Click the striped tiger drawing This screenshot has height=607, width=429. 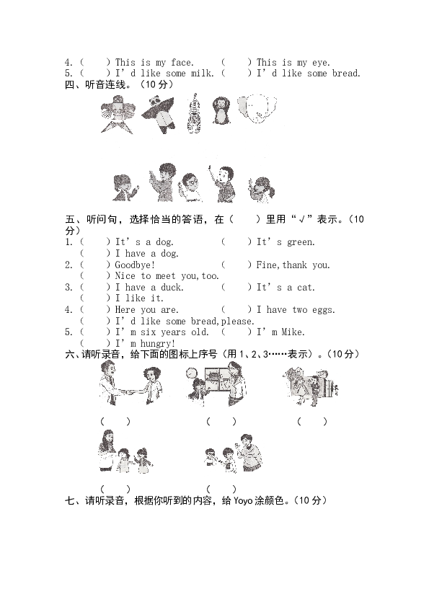[194, 113]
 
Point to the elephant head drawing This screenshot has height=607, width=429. [257, 108]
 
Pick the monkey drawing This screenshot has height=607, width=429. [221, 110]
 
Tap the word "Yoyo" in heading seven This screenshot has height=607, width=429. [243, 501]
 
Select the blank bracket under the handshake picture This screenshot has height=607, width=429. [115, 422]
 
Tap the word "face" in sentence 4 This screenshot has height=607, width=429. [181, 62]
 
